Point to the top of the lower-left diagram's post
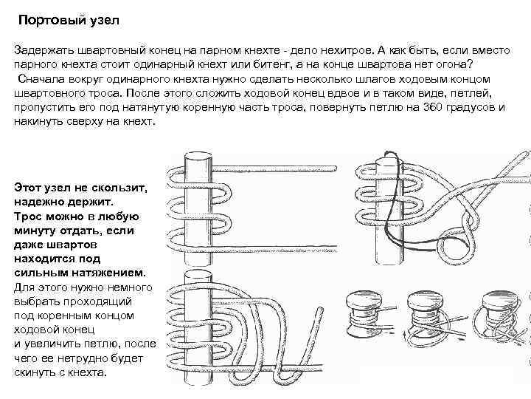pyautogui.click(x=198, y=276)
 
